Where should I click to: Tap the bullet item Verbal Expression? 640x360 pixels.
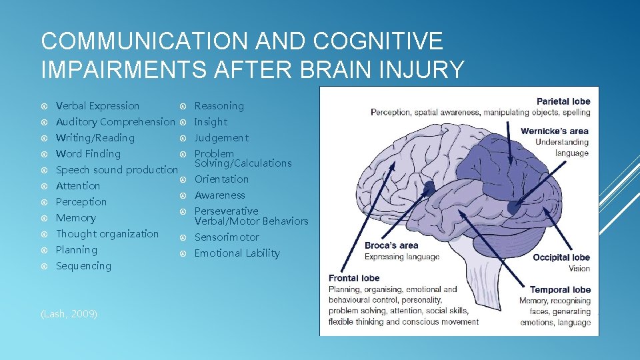[x=97, y=106]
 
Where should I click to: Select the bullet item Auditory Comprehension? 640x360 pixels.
[x=115, y=122]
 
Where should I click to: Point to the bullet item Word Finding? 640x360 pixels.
[x=88, y=154]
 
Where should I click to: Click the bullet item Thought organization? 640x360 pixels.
[x=107, y=234]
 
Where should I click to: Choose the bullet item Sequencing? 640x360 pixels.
[x=83, y=266]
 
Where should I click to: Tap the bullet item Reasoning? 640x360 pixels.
[x=219, y=106]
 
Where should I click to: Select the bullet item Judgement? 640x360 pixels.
[x=221, y=138]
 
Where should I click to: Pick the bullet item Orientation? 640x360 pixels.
[x=221, y=179]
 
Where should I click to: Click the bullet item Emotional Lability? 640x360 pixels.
[x=237, y=253]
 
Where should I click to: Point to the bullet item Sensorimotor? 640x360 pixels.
[x=227, y=237]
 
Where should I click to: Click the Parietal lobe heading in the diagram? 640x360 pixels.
[x=563, y=101]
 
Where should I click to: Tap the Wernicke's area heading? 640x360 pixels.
[x=555, y=131]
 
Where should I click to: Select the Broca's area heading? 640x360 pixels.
[x=392, y=245]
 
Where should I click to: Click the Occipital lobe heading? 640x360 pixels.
[x=561, y=257]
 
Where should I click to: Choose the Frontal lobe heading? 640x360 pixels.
[x=354, y=278]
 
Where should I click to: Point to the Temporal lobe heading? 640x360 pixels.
[x=560, y=290]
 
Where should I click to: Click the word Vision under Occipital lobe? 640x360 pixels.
[x=579, y=269]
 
